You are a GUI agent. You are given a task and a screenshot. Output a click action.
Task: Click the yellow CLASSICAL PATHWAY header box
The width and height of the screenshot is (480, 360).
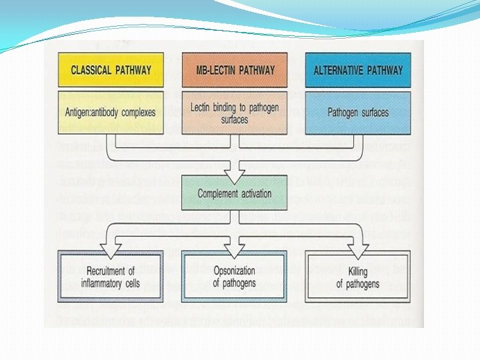point(111,69)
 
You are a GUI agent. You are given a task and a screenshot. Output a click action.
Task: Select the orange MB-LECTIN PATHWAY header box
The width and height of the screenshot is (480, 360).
point(234,69)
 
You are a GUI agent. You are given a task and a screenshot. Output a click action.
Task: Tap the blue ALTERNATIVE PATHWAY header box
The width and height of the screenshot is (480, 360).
point(358,69)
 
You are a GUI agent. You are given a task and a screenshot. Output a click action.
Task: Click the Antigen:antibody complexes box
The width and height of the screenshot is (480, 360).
point(111,112)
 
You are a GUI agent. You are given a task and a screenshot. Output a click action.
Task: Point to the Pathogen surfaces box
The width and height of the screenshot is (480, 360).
point(358,112)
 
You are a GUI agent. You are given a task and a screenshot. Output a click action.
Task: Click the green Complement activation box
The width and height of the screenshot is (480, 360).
point(234,194)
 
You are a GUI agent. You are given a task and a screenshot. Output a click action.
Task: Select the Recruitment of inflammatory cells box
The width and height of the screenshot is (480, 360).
point(111,277)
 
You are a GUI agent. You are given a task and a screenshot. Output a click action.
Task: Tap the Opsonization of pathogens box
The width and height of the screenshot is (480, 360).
point(234,277)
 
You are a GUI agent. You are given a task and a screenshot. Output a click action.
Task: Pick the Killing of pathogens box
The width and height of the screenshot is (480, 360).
point(358,277)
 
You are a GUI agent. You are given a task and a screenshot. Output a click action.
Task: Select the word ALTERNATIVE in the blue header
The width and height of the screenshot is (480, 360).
point(339,69)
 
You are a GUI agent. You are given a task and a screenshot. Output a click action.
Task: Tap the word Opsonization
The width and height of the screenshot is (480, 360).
point(234,271)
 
